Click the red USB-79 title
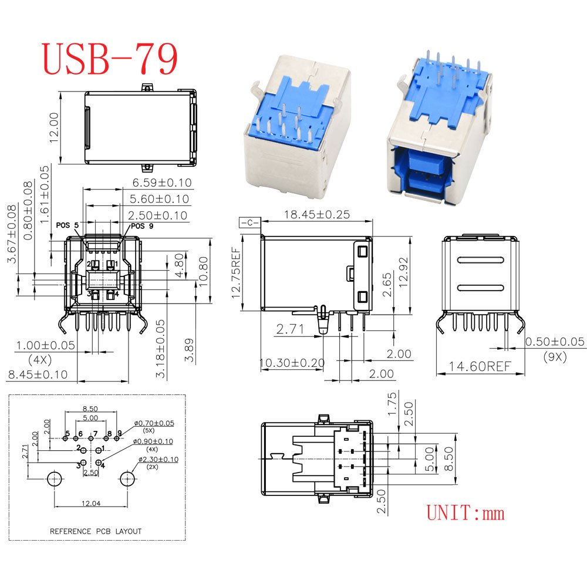point(109,59)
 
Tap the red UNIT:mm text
point(465,512)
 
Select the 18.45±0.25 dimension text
point(317,214)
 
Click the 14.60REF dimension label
point(480,366)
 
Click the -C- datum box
point(249,222)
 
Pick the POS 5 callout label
point(68,225)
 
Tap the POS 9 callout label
point(142,226)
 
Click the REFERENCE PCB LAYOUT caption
point(96,531)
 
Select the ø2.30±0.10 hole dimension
point(158,460)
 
